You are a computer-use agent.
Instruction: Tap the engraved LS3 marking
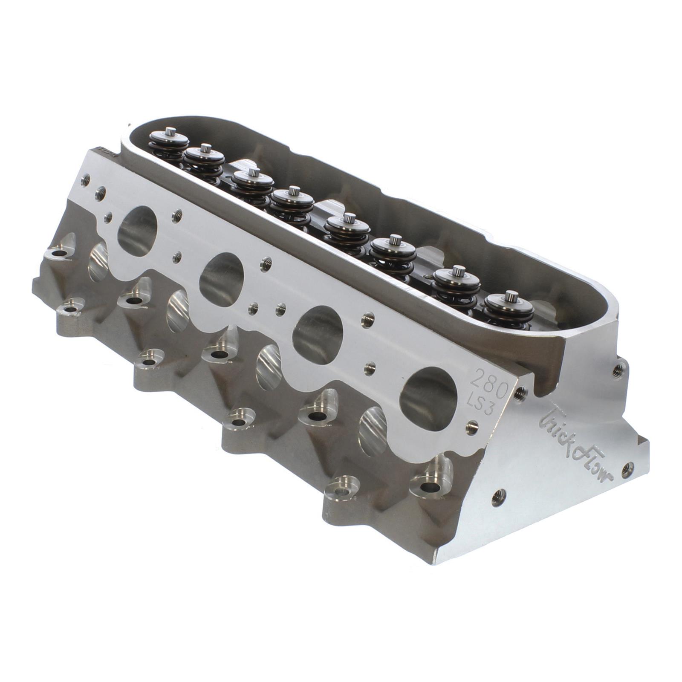(481, 402)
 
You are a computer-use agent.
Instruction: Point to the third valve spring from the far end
(251, 184)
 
